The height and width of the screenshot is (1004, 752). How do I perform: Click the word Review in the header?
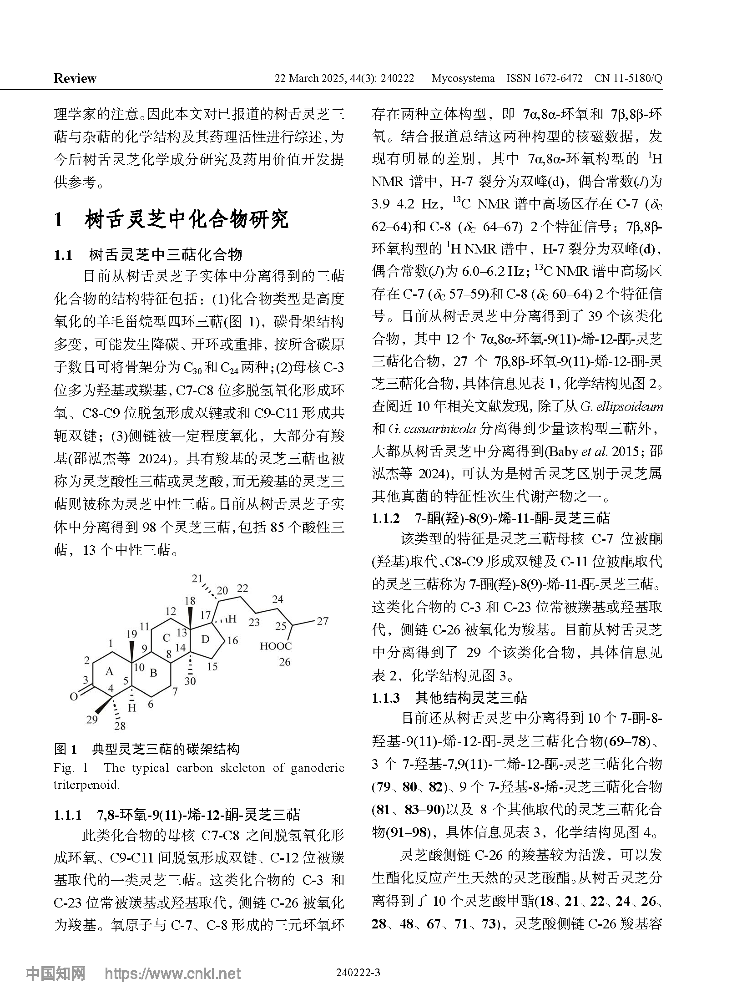click(x=75, y=78)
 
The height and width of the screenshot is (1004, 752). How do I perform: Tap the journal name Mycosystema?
click(x=463, y=78)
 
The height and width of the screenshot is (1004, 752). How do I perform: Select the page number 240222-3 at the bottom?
click(x=358, y=973)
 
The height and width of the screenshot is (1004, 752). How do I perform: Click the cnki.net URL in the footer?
click(x=173, y=974)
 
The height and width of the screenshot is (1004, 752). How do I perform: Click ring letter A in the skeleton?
click(x=109, y=671)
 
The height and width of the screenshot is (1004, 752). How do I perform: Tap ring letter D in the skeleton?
click(x=205, y=639)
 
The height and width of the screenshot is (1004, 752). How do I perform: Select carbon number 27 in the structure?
click(x=322, y=621)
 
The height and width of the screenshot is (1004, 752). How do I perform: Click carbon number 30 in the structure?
click(x=190, y=681)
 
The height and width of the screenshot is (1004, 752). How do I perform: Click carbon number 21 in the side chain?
click(x=197, y=578)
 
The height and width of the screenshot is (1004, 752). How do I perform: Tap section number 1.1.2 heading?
click(x=385, y=518)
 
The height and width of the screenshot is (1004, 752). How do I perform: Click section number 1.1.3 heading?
click(x=385, y=698)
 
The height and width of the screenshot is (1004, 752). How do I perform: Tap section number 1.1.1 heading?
click(x=67, y=815)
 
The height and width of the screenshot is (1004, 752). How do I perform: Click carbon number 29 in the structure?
click(x=92, y=719)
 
